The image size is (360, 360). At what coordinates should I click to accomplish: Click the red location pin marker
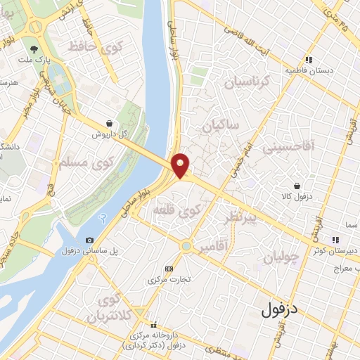tap(181, 165)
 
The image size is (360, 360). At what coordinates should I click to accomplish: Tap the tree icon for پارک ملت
tap(34, 49)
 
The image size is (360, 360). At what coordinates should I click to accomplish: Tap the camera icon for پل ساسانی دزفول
tap(89, 240)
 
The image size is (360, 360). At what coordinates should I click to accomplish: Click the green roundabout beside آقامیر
tap(186, 246)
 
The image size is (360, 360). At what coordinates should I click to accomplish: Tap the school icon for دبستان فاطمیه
tap(307, 60)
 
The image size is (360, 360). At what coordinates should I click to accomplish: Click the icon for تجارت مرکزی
tap(168, 269)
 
